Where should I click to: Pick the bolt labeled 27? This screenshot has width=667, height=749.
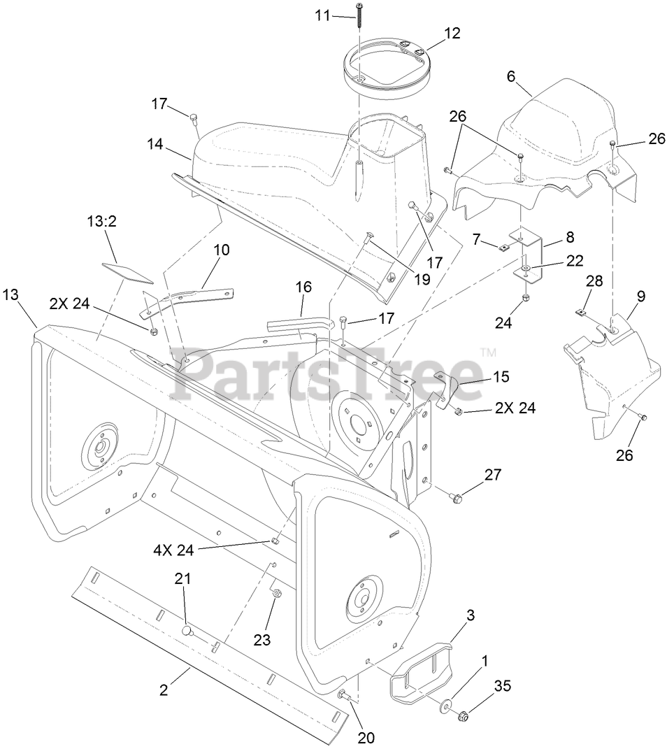(x=454, y=497)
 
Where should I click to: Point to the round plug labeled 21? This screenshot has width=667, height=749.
(x=187, y=630)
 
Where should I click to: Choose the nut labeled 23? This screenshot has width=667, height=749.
(x=276, y=594)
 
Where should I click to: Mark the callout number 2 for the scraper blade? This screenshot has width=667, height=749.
(x=164, y=690)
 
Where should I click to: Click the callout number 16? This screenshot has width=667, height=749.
(x=303, y=287)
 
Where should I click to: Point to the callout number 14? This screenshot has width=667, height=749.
(x=155, y=145)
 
